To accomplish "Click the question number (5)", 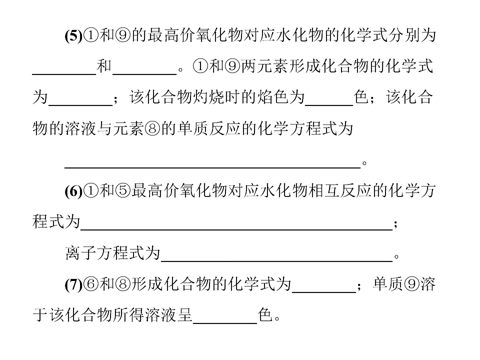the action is coord(73,36).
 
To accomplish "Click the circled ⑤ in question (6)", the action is coord(123,191).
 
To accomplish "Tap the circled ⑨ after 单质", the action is coord(411,284).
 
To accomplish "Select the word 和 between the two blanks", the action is coord(104,66).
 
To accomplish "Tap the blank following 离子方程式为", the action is coord(276,261).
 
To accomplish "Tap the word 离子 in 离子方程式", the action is coord(80,253).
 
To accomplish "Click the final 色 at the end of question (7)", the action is coord(265,315).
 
